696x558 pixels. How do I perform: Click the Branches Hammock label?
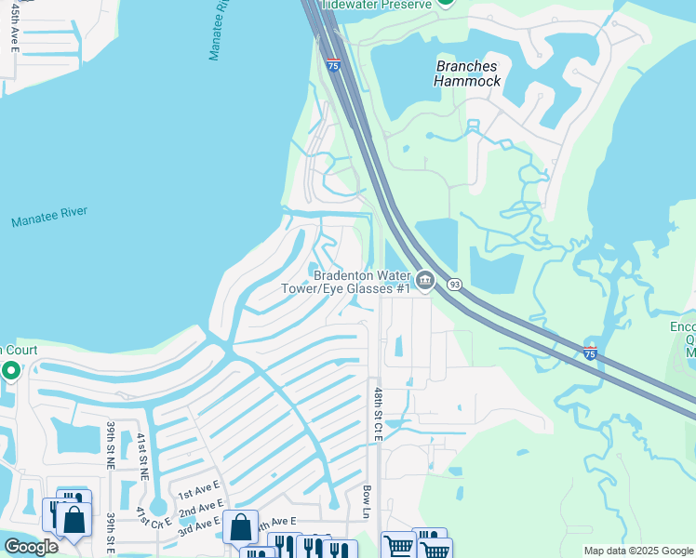(467, 73)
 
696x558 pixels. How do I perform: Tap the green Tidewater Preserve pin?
(446, 3)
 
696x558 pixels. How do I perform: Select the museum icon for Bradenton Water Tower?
(425, 280)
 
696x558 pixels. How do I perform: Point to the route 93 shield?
(454, 285)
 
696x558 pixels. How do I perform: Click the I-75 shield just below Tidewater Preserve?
(333, 64)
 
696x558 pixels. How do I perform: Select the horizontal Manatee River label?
(49, 218)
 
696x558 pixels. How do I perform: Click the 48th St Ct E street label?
(378, 415)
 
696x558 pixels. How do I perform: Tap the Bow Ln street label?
(367, 501)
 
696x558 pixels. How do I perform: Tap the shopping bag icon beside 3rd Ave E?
(240, 527)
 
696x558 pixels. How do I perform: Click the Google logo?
(31, 547)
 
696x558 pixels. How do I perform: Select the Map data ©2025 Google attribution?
(637, 551)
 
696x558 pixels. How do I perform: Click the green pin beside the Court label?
(10, 372)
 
